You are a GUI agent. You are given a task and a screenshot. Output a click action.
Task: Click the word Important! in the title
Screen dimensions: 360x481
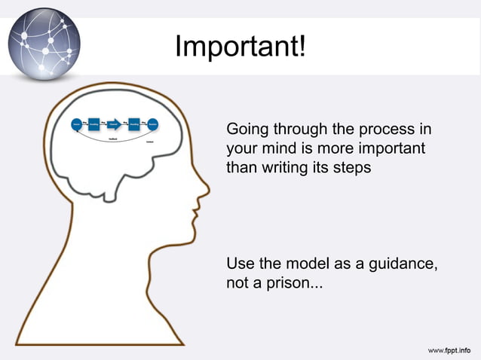pos(240,47)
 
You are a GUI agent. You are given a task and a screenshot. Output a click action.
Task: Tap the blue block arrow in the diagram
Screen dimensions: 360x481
pos(114,124)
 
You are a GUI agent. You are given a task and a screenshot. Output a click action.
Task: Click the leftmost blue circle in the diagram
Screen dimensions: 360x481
pos(76,124)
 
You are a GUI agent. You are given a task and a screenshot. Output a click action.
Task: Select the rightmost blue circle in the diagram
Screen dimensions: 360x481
pos(153,124)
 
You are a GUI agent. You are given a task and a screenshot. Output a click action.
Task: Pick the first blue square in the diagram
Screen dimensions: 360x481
pos(94,124)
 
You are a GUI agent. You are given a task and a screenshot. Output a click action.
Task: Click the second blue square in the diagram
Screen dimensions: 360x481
pos(134,124)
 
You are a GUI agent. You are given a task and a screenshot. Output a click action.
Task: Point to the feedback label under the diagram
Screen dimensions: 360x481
pos(112,139)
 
